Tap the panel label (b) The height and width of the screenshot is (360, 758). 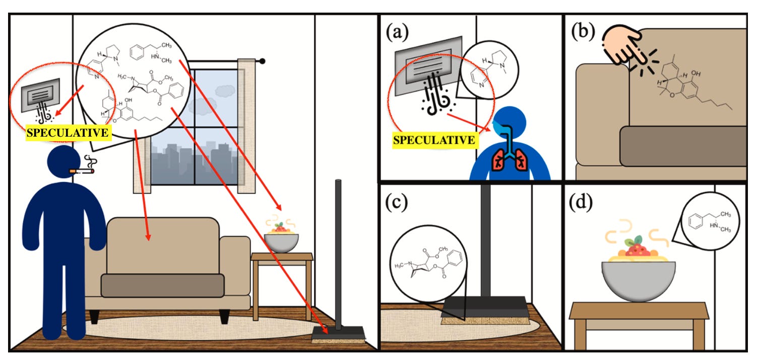[583, 31]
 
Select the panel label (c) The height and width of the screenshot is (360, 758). [397, 202]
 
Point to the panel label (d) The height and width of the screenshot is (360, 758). [581, 202]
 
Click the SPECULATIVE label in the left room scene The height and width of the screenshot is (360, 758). [68, 133]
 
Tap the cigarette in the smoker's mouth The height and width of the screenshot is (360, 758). [82, 171]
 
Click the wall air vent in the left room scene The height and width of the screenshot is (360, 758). [40, 95]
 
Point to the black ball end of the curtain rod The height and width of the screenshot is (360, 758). [262, 62]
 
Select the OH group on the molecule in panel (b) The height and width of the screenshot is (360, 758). [696, 73]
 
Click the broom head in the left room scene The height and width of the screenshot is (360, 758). [338, 335]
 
